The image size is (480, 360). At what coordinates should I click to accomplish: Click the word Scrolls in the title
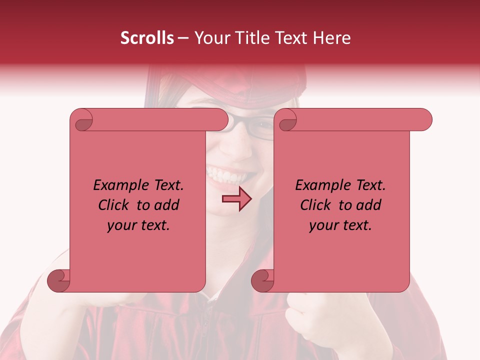pos(146,38)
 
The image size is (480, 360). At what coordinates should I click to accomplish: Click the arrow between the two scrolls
pos(236,199)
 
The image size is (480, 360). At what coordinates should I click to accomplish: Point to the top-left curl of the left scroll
pos(82,120)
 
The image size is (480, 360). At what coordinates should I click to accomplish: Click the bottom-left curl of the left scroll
pos(59,280)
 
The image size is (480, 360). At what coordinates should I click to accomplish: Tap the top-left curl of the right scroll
pos(286,120)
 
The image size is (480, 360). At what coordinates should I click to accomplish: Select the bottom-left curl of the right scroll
pos(262,280)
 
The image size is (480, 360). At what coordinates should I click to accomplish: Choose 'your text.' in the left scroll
pos(138,225)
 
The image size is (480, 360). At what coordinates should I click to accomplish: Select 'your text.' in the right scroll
pos(340,225)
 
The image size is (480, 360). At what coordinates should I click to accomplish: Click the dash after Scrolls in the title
pos(183,38)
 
